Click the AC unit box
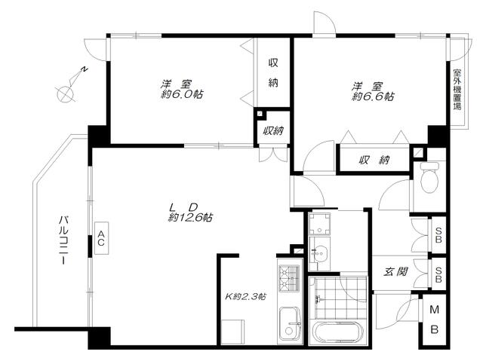point(101,238)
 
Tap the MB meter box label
point(434,320)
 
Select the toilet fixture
point(430,177)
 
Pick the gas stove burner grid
point(289,279)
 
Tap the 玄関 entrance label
point(395,272)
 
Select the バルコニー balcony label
point(64,240)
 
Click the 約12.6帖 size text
point(190,218)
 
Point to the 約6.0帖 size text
point(182,94)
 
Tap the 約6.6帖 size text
point(373,96)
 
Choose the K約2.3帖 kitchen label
point(246,297)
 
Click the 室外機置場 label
point(457,90)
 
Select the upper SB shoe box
point(438,235)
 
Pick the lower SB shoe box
point(438,274)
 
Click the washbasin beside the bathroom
point(319,253)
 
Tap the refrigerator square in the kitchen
point(233,332)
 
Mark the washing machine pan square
point(319,224)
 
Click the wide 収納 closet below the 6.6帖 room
point(374,160)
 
